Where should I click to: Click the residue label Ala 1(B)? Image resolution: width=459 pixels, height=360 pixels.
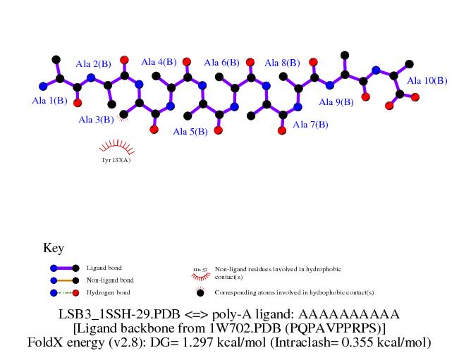(x=50, y=101)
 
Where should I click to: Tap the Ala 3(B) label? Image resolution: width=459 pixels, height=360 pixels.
(x=96, y=119)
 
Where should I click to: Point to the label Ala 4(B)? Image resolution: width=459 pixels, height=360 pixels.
(x=159, y=62)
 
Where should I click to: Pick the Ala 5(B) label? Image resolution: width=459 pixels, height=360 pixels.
(x=190, y=131)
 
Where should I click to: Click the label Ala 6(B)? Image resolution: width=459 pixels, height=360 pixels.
(x=221, y=63)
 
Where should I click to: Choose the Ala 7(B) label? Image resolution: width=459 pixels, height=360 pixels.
(x=310, y=125)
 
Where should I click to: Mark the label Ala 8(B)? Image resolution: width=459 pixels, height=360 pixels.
(x=282, y=63)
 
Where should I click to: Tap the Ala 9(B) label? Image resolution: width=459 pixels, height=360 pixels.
(x=336, y=102)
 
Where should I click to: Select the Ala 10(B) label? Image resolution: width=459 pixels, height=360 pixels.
(x=427, y=80)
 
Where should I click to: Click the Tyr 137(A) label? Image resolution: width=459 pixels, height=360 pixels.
(x=116, y=160)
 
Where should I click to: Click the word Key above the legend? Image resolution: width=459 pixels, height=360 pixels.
(x=54, y=248)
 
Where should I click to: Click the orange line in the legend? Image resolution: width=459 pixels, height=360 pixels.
(x=63, y=280)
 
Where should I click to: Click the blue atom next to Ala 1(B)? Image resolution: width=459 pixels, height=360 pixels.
(x=43, y=87)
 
